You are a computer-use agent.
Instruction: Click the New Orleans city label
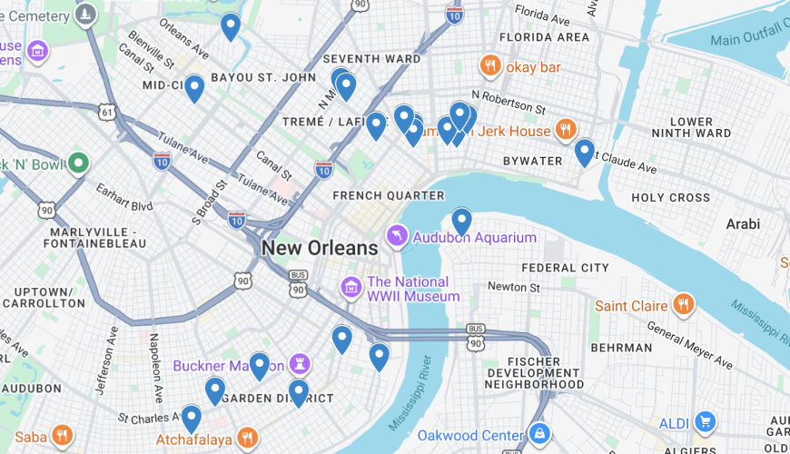pyautogui.click(x=320, y=248)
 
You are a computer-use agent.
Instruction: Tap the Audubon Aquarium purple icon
pyautogui.click(x=397, y=237)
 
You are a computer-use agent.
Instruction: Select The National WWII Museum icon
pyautogui.click(x=351, y=288)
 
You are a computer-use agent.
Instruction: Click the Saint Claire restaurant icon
pyautogui.click(x=684, y=305)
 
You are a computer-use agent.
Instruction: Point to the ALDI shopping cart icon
pyautogui.click(x=704, y=422)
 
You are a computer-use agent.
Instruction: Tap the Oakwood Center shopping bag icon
pyautogui.click(x=539, y=434)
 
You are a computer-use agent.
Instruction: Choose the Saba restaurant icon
pyautogui.click(x=62, y=436)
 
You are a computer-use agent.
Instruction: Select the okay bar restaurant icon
pyautogui.click(x=490, y=66)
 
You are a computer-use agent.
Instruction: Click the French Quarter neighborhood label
pyautogui.click(x=388, y=195)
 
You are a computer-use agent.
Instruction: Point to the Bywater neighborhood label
pyautogui.click(x=533, y=161)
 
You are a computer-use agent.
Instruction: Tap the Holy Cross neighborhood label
pyautogui.click(x=671, y=197)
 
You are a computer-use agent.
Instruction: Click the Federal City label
pyautogui.click(x=565, y=268)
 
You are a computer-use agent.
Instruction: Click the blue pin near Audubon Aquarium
pyautogui.click(x=462, y=221)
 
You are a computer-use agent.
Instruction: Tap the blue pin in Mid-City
pyautogui.click(x=194, y=88)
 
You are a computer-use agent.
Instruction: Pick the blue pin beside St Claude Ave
pyautogui.click(x=585, y=151)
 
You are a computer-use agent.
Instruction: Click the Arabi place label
pyautogui.click(x=743, y=223)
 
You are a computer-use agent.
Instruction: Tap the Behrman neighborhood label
pyautogui.click(x=621, y=347)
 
